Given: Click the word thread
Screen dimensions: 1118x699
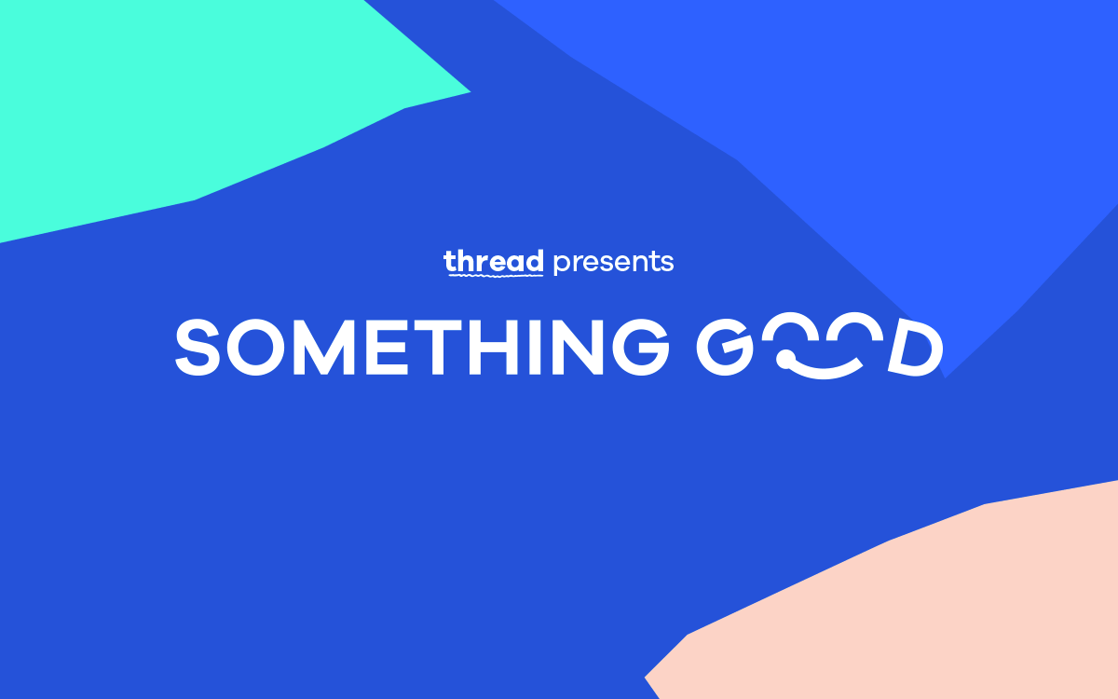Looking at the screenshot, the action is (494, 262).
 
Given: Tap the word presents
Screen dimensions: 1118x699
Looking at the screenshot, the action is (613, 263).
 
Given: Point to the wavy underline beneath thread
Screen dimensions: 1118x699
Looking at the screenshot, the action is (496, 274).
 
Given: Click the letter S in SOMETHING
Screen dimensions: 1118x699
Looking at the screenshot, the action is (198, 347).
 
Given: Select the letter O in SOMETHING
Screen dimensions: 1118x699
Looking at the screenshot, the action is (256, 347).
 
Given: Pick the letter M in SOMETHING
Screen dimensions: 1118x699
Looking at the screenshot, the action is (324, 347).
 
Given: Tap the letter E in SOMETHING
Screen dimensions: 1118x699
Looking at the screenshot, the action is (388, 347).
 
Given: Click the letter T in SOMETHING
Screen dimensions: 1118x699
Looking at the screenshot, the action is (437, 347).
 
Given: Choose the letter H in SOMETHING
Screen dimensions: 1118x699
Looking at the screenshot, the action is (493, 347).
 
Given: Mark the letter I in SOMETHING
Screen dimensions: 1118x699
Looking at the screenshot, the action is (535, 347).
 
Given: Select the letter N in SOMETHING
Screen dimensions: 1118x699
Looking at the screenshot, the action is (578, 347).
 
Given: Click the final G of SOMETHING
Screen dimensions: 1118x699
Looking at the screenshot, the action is (641, 347).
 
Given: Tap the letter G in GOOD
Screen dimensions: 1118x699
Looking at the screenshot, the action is (725, 347).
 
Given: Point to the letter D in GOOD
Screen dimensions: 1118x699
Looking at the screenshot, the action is (916, 348).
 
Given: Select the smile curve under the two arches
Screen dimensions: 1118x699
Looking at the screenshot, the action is (824, 373).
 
